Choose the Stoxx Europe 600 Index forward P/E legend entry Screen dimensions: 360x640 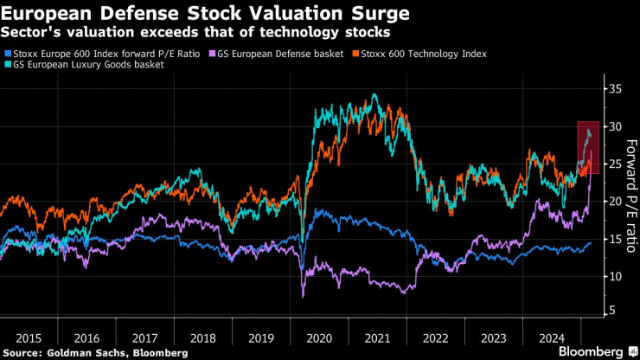[106, 54]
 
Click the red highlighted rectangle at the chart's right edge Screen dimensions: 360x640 [588, 147]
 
